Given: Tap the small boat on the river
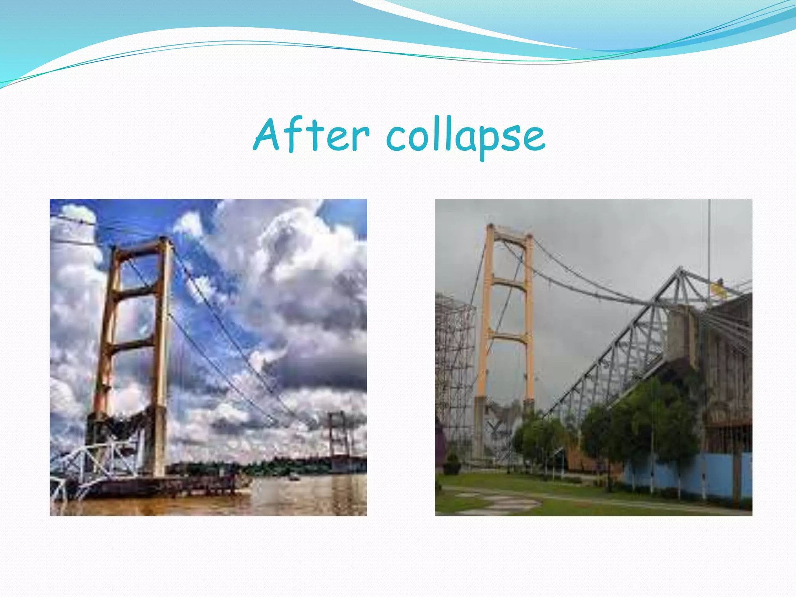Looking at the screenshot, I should [294, 478].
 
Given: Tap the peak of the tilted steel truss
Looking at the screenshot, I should [680, 269].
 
